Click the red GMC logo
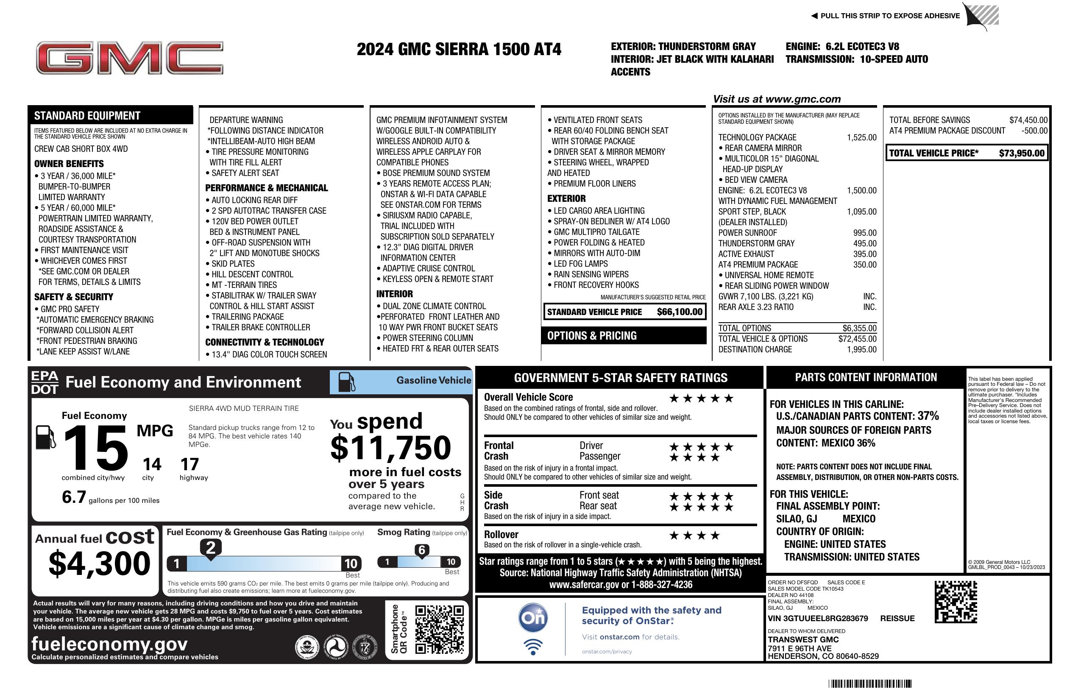[x=129, y=58]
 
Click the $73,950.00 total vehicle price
[x=1022, y=153]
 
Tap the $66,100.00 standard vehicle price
[x=680, y=312]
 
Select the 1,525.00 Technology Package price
[x=861, y=137]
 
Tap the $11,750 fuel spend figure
[x=390, y=447]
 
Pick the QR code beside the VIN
[x=956, y=602]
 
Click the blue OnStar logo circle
[x=533, y=617]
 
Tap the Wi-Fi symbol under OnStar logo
[x=533, y=647]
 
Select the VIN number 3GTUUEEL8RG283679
[x=818, y=618]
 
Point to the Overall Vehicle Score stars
[x=701, y=399]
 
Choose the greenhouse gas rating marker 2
[x=211, y=547]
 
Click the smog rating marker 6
[x=421, y=550]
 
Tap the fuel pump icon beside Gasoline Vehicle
[x=347, y=382]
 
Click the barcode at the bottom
[x=870, y=683]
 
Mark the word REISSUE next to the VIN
[x=897, y=618]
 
